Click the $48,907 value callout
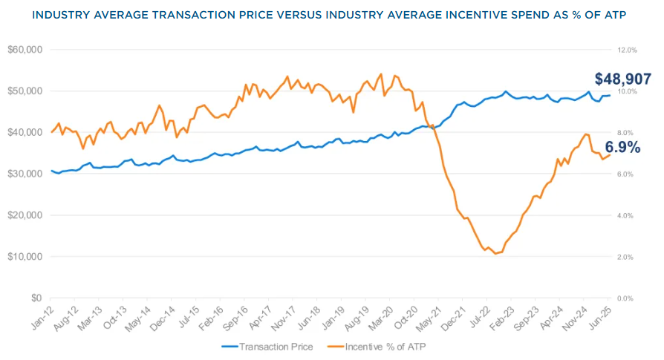click(x=622, y=79)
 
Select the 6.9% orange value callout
click(x=622, y=148)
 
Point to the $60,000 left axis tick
click(x=25, y=50)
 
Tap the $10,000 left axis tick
click(x=25, y=256)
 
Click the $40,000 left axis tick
click(x=25, y=132)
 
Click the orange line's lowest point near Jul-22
click(x=495, y=254)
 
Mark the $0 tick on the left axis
click(x=34, y=298)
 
